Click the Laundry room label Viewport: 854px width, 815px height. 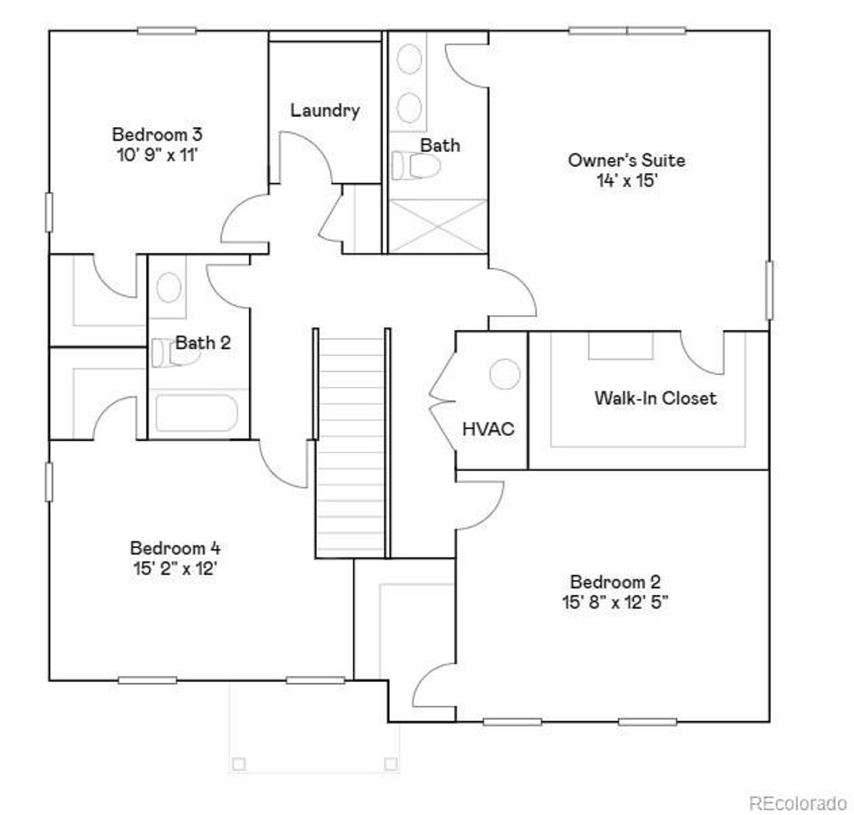coord(325,110)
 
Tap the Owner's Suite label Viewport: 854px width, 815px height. coord(626,160)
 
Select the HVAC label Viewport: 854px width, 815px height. coord(488,429)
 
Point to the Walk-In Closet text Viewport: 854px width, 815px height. coord(655,398)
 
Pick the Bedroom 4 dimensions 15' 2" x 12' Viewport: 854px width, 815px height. coord(175,569)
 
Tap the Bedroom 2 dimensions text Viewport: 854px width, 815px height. coord(614,602)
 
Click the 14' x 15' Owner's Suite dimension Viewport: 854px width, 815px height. coord(627,180)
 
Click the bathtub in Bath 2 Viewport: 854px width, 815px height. coord(195,414)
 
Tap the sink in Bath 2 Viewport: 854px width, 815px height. coord(169,287)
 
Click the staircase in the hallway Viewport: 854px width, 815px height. coord(350,444)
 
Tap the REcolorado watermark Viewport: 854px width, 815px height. coord(797,801)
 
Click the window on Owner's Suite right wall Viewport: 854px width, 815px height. coord(769,290)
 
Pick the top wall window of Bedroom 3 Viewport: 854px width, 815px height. coord(167,30)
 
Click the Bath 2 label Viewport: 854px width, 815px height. coord(203,343)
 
